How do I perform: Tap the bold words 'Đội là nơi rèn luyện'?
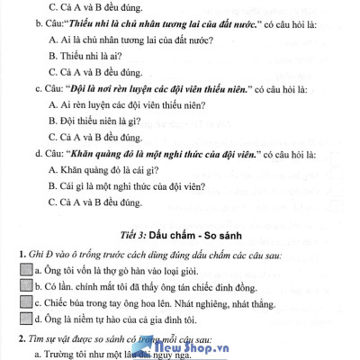point(100,89)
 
